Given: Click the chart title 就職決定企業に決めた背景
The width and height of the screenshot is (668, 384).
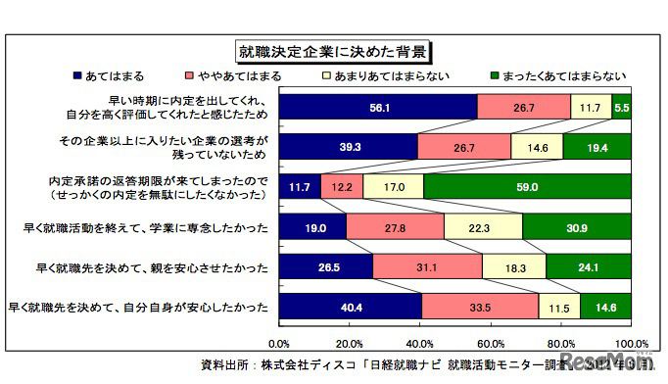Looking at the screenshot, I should [x=333, y=49].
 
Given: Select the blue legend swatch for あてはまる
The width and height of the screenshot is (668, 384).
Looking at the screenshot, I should [x=78, y=75].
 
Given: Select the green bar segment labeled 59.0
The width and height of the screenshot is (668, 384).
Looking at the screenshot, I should [x=527, y=186].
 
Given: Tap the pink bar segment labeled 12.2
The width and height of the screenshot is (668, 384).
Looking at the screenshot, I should [x=342, y=186].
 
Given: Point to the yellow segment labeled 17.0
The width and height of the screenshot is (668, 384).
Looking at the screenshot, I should [x=393, y=186].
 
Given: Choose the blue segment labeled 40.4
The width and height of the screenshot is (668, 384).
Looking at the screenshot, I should [x=350, y=306].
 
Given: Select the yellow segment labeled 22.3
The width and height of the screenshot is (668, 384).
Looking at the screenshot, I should [x=483, y=226].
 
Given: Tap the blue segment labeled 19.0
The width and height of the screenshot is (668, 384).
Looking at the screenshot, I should [x=312, y=226].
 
